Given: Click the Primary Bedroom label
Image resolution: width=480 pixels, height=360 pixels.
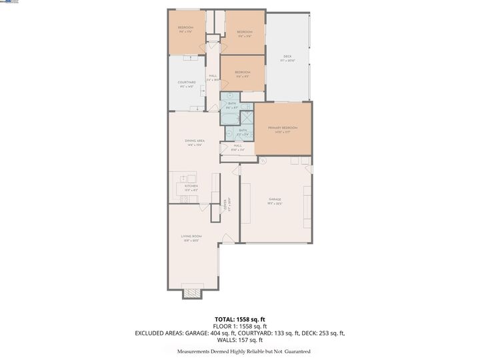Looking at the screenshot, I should [x=282, y=127].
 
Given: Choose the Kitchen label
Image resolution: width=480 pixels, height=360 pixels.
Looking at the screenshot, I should [x=191, y=186].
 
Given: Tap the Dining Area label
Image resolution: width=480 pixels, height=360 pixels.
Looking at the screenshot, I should [x=194, y=141].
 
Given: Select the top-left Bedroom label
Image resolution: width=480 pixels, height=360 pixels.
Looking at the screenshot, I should [x=185, y=27].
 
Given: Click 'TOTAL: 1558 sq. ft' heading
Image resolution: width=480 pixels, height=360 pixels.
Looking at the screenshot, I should [x=240, y=320].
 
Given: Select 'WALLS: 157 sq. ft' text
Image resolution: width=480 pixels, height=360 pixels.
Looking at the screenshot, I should [x=240, y=339].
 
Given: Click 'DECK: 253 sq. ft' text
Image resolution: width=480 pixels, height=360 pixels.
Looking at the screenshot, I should [x=319, y=333].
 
